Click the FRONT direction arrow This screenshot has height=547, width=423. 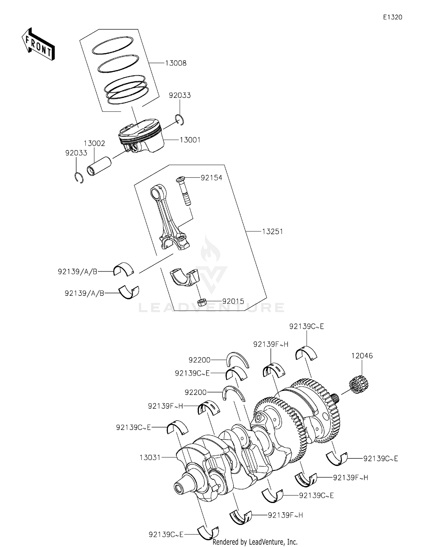tap(38, 45)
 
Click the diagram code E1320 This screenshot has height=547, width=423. tap(392, 17)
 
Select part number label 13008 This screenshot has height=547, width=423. tap(176, 63)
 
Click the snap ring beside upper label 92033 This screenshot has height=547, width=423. tap(180, 119)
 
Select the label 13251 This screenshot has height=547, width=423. tap(272, 232)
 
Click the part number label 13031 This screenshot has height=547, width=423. tap(150, 458)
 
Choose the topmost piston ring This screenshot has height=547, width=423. tap(113, 45)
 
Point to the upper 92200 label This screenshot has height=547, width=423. tap(199, 360)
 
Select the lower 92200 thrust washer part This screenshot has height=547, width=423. tap(233, 393)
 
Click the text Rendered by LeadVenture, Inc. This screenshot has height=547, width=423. tap(255, 542)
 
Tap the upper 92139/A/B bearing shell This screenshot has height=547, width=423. tap(124, 269)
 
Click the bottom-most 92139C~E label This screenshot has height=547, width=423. tap(166, 534)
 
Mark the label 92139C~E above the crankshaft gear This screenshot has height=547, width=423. tap(307, 327)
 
